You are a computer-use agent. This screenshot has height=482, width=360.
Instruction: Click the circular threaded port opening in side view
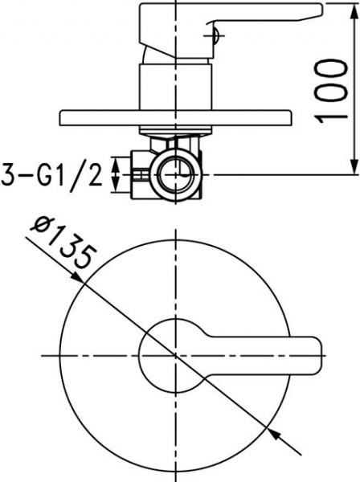coord(175,174)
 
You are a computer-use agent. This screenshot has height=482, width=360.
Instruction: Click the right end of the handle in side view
coord(319,10)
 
